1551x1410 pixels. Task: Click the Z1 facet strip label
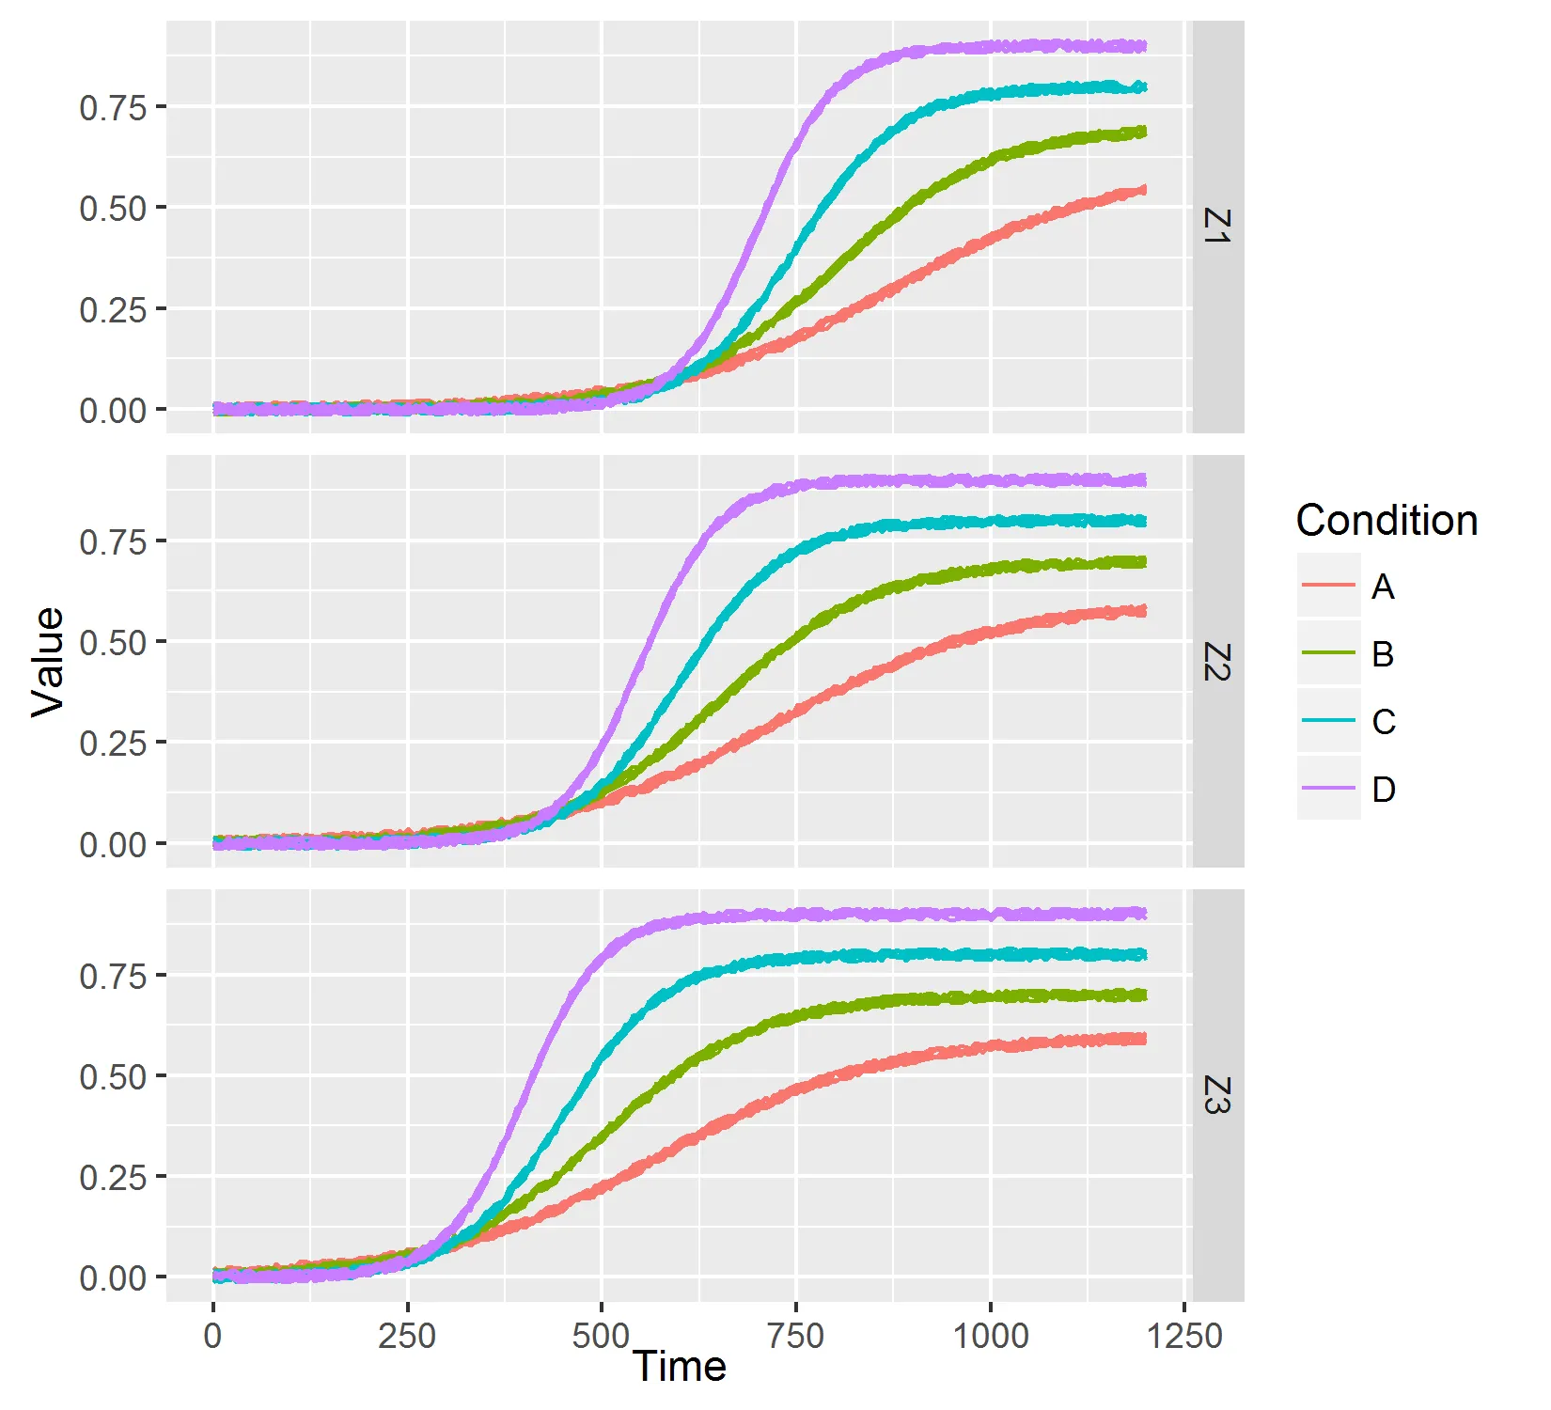point(1217,227)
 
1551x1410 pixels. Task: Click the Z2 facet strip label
point(1217,662)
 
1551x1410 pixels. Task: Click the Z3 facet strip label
point(1217,1095)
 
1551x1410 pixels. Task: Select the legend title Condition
point(1386,521)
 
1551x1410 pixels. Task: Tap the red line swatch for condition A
point(1328,586)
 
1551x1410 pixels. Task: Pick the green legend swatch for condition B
point(1328,653)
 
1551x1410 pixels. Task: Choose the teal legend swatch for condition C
point(1328,721)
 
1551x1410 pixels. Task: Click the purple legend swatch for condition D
point(1328,789)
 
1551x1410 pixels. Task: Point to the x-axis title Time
point(679,1367)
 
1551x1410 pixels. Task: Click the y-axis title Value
point(47,662)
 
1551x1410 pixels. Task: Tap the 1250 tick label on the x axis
point(1184,1336)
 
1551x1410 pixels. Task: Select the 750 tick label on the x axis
point(795,1336)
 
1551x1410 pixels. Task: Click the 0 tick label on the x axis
point(213,1336)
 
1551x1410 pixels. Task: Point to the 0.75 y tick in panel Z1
point(113,108)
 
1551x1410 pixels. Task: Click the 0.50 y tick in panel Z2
point(113,643)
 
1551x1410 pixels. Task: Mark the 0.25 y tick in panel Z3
point(113,1177)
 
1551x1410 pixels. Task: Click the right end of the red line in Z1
point(1143,190)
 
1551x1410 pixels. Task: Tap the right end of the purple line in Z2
point(1143,480)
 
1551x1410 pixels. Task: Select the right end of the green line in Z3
point(1143,995)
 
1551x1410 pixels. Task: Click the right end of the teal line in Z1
point(1143,87)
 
